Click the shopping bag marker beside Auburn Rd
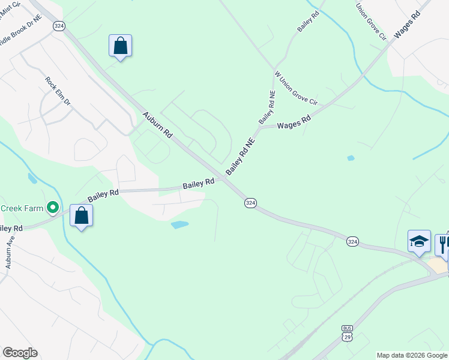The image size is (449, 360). pyautogui.click(x=120, y=46)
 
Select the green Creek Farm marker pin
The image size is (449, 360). pyautogui.click(x=53, y=208)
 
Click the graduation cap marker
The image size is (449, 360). pyautogui.click(x=418, y=242)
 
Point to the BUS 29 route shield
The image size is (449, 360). pyautogui.click(x=348, y=333)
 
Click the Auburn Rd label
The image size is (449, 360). pyautogui.click(x=157, y=125)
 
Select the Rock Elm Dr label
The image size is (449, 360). pyautogui.click(x=58, y=91)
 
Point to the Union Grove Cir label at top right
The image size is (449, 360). pyautogui.click(x=370, y=22)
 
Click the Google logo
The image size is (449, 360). pyautogui.click(x=20, y=353)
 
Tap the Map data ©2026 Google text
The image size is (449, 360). pyautogui.click(x=411, y=355)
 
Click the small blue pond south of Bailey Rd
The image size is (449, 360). pyautogui.click(x=179, y=225)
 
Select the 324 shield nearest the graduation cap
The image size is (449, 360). pyautogui.click(x=352, y=241)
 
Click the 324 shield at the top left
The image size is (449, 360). pyautogui.click(x=59, y=26)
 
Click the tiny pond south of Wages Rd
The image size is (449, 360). pyautogui.click(x=351, y=158)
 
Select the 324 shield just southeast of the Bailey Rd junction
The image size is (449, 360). pyautogui.click(x=251, y=203)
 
